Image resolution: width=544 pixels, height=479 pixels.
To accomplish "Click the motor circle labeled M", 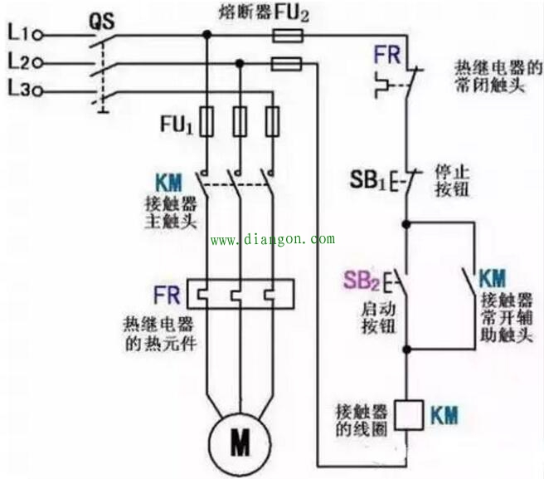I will [x=240, y=443].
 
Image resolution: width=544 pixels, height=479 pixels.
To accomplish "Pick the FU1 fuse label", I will [x=177, y=126].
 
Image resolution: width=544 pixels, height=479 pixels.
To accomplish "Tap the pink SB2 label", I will [x=363, y=282].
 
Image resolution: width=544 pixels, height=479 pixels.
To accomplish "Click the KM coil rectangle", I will [x=406, y=414].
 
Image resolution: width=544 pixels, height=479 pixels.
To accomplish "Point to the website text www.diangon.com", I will [x=273, y=239].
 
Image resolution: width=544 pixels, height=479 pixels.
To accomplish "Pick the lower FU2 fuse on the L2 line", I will [x=287, y=63].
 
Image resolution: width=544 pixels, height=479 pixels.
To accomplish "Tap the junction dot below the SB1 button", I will [x=406, y=225].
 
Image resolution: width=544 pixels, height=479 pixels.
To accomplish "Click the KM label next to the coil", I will [x=444, y=413].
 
